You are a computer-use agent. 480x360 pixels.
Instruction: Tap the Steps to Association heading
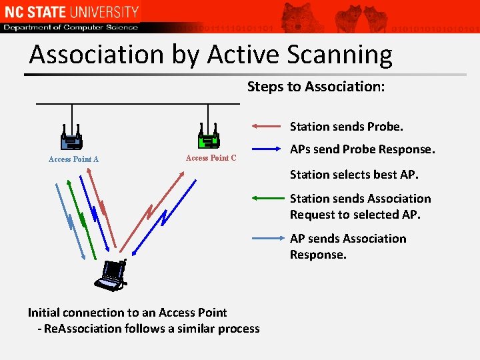[315, 87]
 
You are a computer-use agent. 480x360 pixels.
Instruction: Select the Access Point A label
[73, 159]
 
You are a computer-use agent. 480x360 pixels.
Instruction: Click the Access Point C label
[211, 158]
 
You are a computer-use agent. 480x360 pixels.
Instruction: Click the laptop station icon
[110, 275]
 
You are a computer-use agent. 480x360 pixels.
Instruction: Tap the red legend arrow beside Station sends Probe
[267, 125]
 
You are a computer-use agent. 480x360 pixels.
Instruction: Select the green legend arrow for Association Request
[267, 197]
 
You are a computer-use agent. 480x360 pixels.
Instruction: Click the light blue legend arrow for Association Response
[267, 237]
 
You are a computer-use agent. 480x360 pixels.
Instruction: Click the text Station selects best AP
[354, 175]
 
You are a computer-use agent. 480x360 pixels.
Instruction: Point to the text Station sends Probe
[347, 127]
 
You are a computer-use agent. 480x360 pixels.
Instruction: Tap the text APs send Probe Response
[362, 149]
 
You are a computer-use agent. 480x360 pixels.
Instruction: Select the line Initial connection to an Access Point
[127, 313]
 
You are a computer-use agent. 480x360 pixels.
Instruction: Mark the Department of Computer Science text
[71, 27]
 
